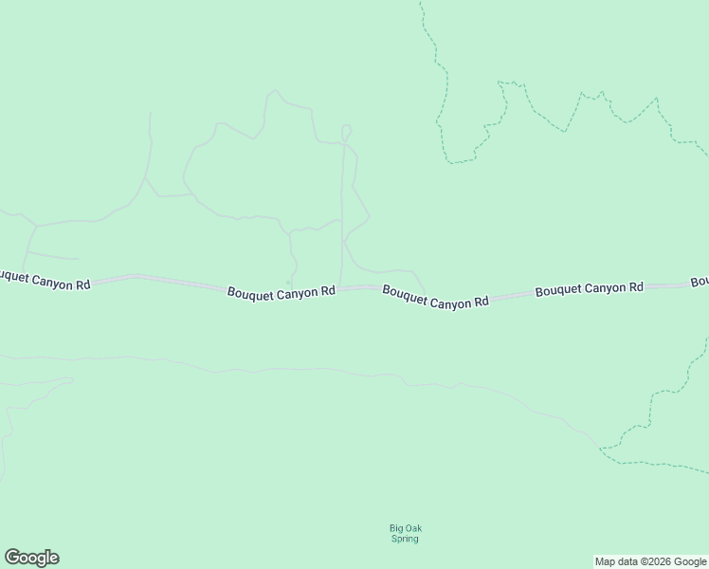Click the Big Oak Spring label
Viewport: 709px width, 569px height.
405,533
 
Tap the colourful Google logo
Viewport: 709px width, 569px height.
31,558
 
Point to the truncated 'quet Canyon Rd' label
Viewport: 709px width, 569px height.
45,280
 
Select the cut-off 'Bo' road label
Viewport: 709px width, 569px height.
700,282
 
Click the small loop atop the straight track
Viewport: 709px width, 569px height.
346,129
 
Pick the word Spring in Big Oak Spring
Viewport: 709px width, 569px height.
405,539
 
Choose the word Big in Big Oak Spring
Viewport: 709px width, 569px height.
395,528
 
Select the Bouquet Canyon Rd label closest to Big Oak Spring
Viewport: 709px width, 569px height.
436,296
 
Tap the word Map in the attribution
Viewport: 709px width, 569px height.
604,561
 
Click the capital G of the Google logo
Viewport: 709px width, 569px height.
11,558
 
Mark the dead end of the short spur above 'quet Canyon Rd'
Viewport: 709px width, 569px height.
78,259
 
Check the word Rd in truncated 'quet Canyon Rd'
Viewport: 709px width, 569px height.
82,284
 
